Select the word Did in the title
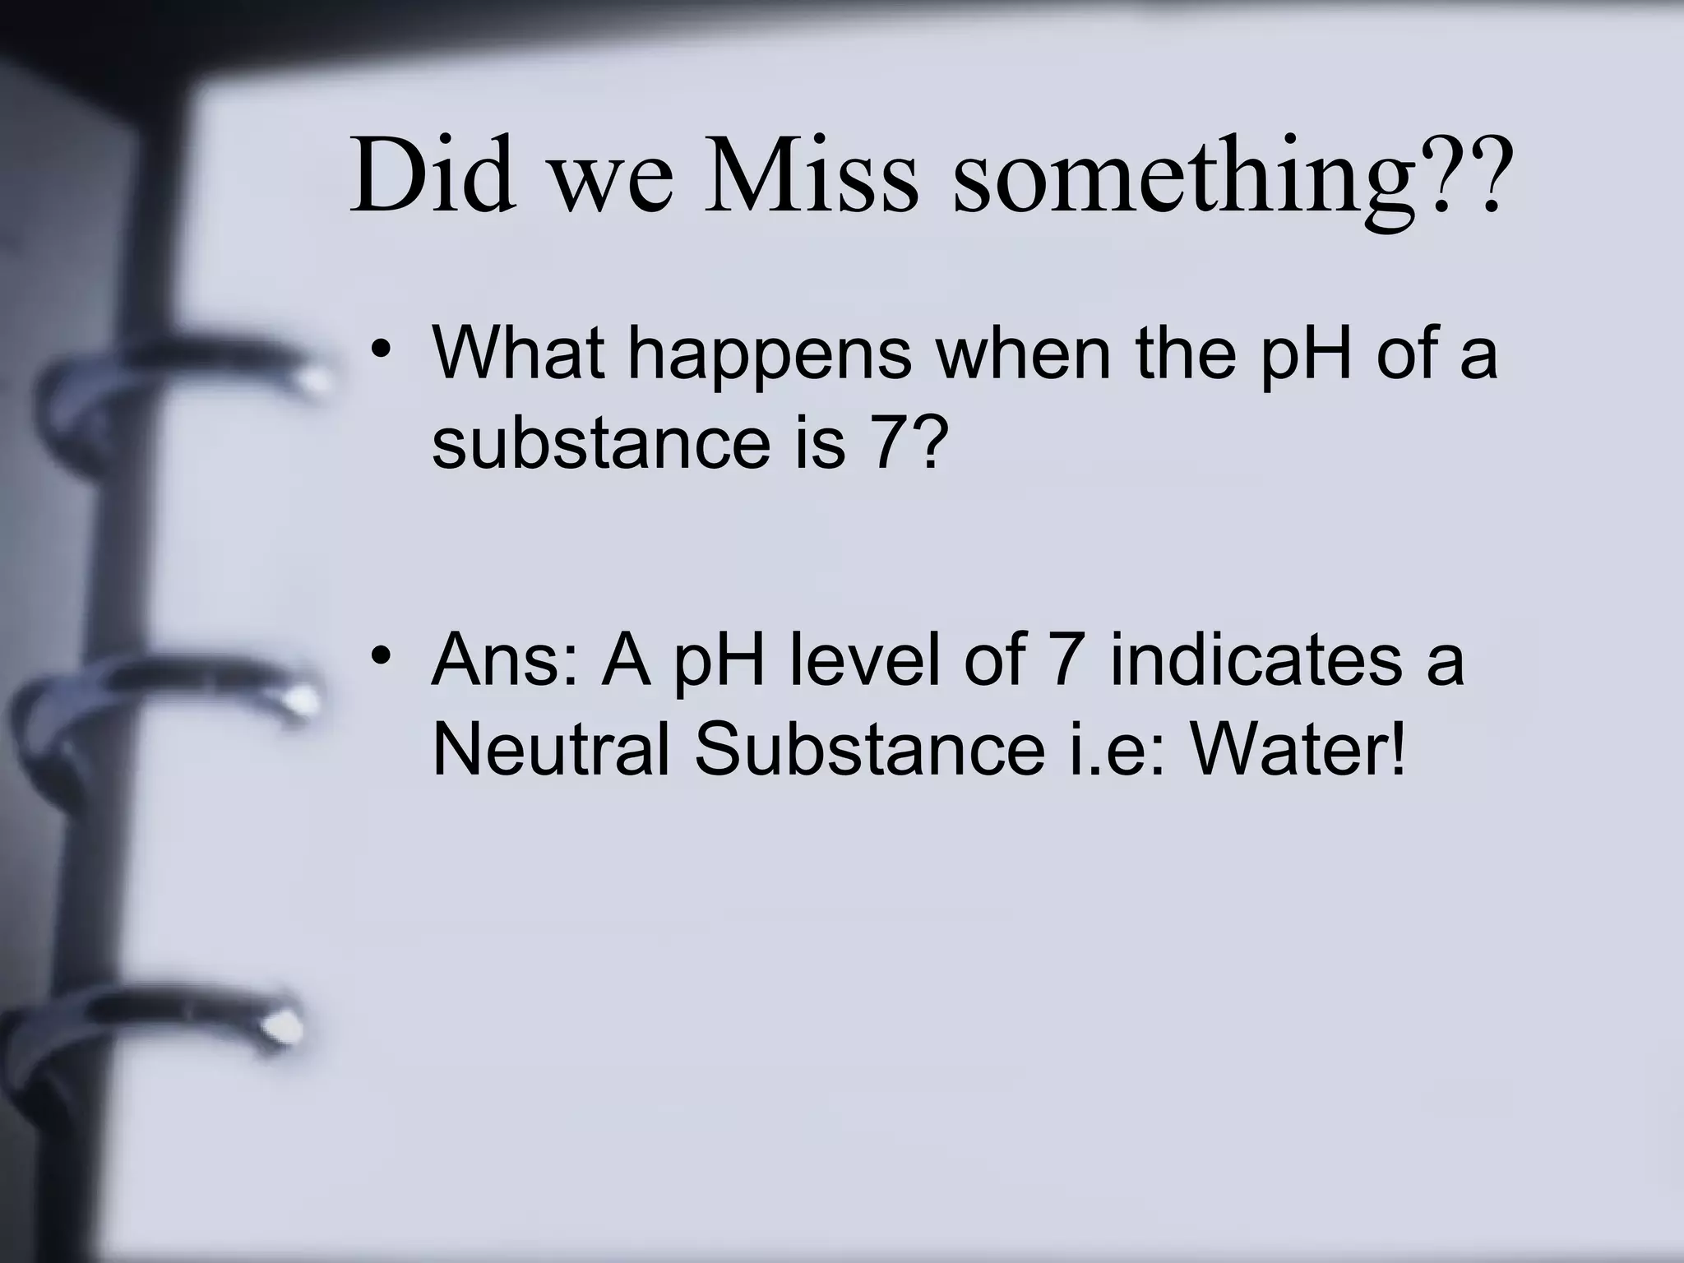[433, 174]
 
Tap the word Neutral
[550, 750]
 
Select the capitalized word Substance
[869, 750]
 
